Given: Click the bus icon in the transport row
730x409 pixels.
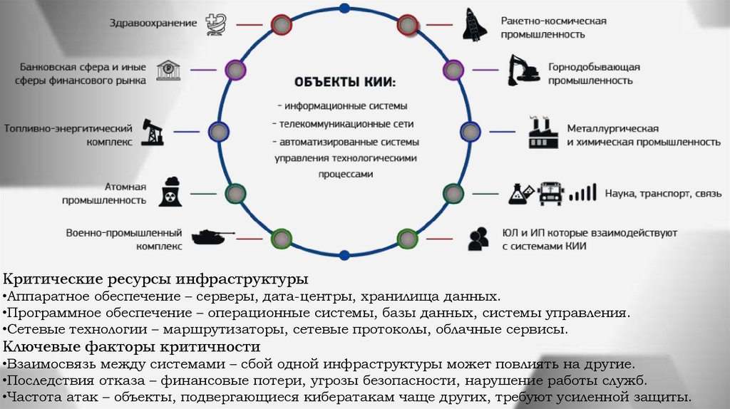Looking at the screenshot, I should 550,192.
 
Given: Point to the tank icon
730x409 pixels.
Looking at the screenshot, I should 211,236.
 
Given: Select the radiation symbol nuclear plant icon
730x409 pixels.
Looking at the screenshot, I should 170,192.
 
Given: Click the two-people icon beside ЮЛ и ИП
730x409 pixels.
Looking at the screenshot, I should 478,238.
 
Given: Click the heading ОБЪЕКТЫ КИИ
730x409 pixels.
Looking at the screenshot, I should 344,83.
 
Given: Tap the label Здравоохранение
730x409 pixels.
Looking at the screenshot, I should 153,23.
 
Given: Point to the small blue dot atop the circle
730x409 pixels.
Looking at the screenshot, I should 345,9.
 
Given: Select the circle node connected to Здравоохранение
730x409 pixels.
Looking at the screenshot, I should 282,25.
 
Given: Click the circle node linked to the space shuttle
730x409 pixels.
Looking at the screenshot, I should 407,25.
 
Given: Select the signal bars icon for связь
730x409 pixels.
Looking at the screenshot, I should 583,192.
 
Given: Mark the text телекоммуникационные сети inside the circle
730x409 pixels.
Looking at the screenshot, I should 344,123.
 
